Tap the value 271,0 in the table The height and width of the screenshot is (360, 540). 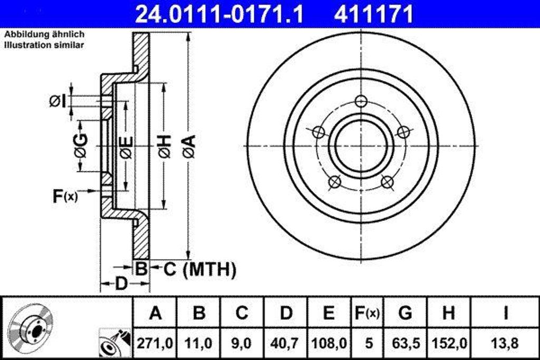point(155,343)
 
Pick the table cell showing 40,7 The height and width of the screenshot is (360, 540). point(286,343)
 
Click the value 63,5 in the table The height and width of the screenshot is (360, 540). point(405,343)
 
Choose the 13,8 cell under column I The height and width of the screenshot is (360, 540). point(505,343)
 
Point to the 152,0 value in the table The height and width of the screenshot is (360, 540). point(448,343)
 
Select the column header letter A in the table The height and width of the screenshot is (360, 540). point(155,314)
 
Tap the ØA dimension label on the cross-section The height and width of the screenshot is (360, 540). point(189,146)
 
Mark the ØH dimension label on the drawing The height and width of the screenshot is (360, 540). point(165,146)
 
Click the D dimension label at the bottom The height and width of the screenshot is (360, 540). point(121,284)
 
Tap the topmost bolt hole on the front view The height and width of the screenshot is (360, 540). point(361,101)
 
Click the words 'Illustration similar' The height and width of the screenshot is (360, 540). point(44,45)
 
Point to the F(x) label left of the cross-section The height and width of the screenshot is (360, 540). point(64,197)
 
